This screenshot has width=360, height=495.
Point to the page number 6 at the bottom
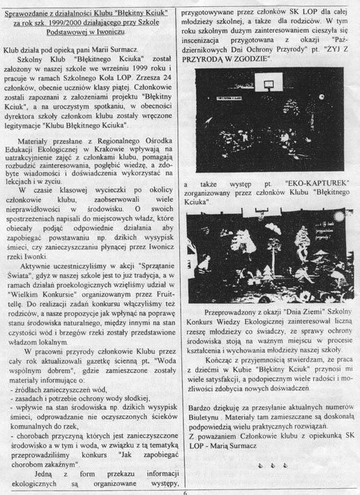tap(186, 491)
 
